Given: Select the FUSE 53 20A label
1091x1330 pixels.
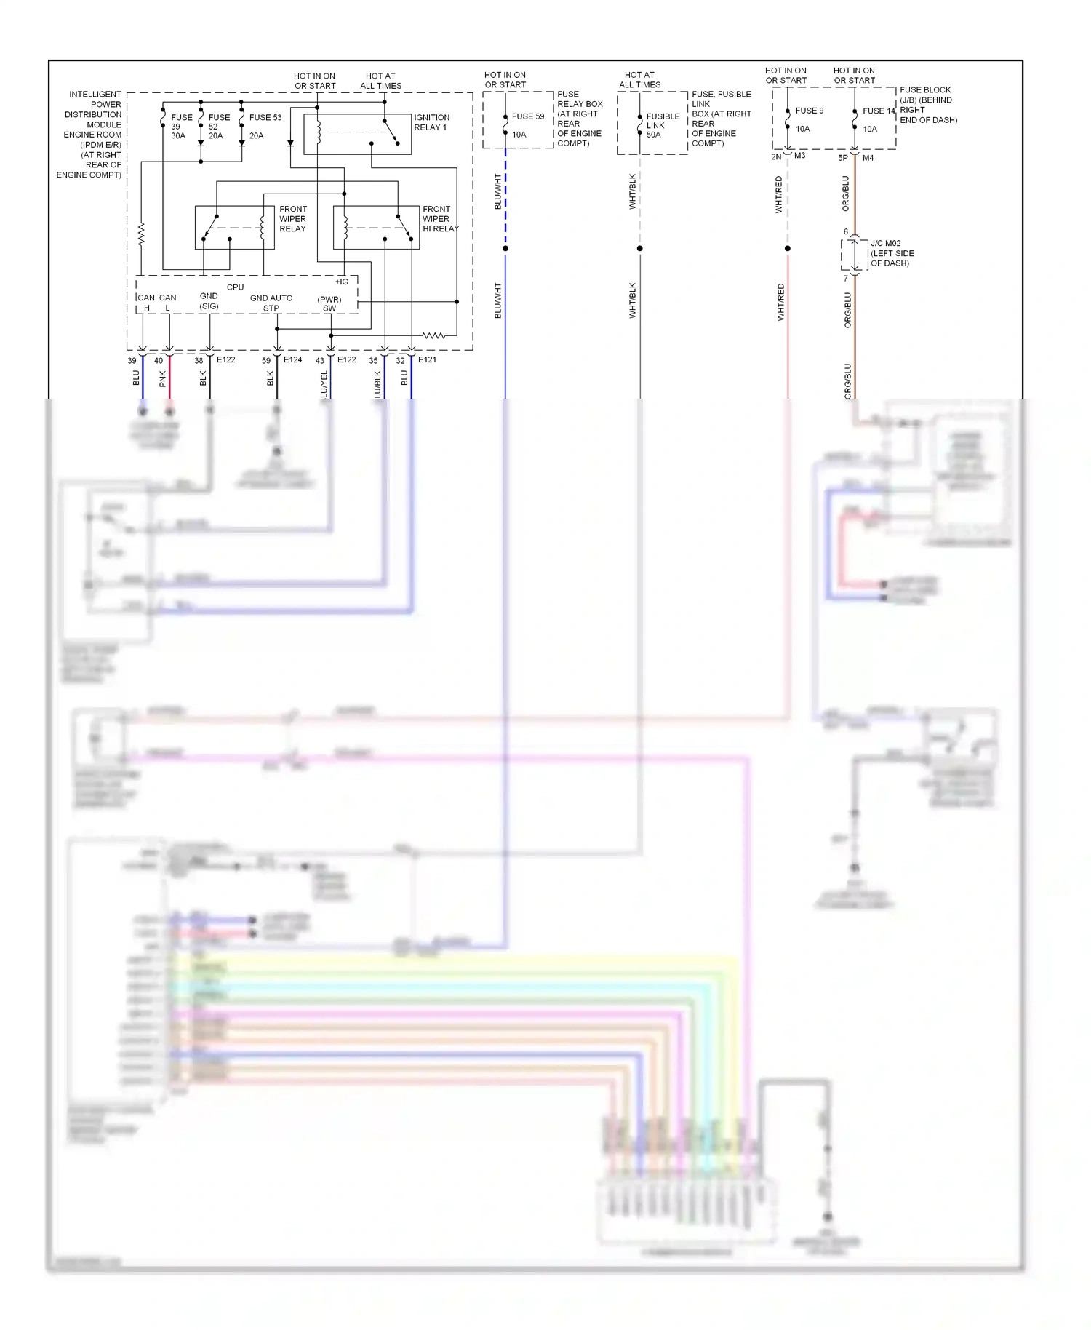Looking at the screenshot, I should coord(264,125).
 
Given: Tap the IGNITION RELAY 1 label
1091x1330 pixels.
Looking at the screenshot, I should coord(431,122).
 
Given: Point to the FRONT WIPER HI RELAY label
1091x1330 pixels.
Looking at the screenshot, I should coord(439,218).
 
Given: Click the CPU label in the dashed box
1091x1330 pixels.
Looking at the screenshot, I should coord(235,287).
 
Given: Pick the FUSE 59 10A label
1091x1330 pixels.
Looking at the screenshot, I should coord(527,124).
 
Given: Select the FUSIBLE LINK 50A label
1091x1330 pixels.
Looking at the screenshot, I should coord(662,125).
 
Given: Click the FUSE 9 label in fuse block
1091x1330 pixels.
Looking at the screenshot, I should coord(809,111).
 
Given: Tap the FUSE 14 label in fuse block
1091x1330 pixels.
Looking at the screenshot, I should coord(879,111).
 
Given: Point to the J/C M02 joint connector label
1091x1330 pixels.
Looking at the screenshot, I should coord(892,253).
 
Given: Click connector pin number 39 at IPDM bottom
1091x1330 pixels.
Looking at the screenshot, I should coord(132,360).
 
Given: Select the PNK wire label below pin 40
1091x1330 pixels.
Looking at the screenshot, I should coord(162,378).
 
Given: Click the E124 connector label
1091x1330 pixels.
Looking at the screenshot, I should coord(292,359).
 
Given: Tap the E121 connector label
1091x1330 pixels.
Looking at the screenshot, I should coord(427,359).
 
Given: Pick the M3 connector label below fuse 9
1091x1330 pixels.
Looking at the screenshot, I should coord(799,156).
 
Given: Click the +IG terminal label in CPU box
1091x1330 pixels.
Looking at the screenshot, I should coord(341,282).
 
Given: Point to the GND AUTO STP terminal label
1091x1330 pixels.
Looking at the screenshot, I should coord(271,303).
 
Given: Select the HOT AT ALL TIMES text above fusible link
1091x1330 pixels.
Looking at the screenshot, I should coord(639,79).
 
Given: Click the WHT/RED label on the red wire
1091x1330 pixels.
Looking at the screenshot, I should coord(780,302).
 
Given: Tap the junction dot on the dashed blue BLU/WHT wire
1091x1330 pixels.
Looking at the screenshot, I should coord(505,248).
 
